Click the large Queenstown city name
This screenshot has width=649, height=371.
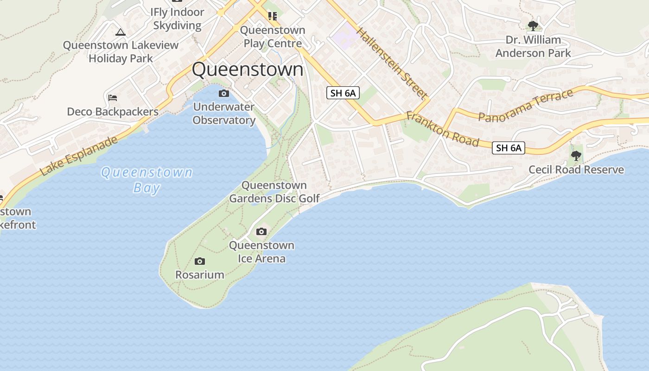tap(248, 70)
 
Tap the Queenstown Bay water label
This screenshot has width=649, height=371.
tap(146, 180)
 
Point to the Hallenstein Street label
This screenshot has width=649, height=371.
tap(392, 63)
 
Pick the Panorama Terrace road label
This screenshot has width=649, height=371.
tap(526, 106)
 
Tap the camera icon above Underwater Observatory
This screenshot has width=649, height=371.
tap(224, 94)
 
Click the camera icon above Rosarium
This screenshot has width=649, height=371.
tap(200, 262)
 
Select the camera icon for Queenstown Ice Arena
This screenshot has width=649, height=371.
tap(261, 231)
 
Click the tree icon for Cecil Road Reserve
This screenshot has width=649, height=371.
tap(576, 156)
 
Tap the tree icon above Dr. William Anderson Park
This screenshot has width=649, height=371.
tap(533, 26)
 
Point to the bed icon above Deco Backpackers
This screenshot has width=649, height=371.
tap(113, 98)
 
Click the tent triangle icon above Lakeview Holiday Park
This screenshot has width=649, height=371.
tap(121, 32)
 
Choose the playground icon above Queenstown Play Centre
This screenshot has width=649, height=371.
tap(273, 17)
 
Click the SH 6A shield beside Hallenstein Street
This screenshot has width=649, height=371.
tap(343, 93)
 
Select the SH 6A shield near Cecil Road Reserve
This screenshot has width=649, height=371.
tap(509, 148)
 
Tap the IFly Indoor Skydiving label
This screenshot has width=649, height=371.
tap(177, 19)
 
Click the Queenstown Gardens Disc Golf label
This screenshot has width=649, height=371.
tap(274, 192)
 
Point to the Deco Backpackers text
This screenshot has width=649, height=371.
tap(113, 112)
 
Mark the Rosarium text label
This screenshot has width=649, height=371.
tap(200, 275)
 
